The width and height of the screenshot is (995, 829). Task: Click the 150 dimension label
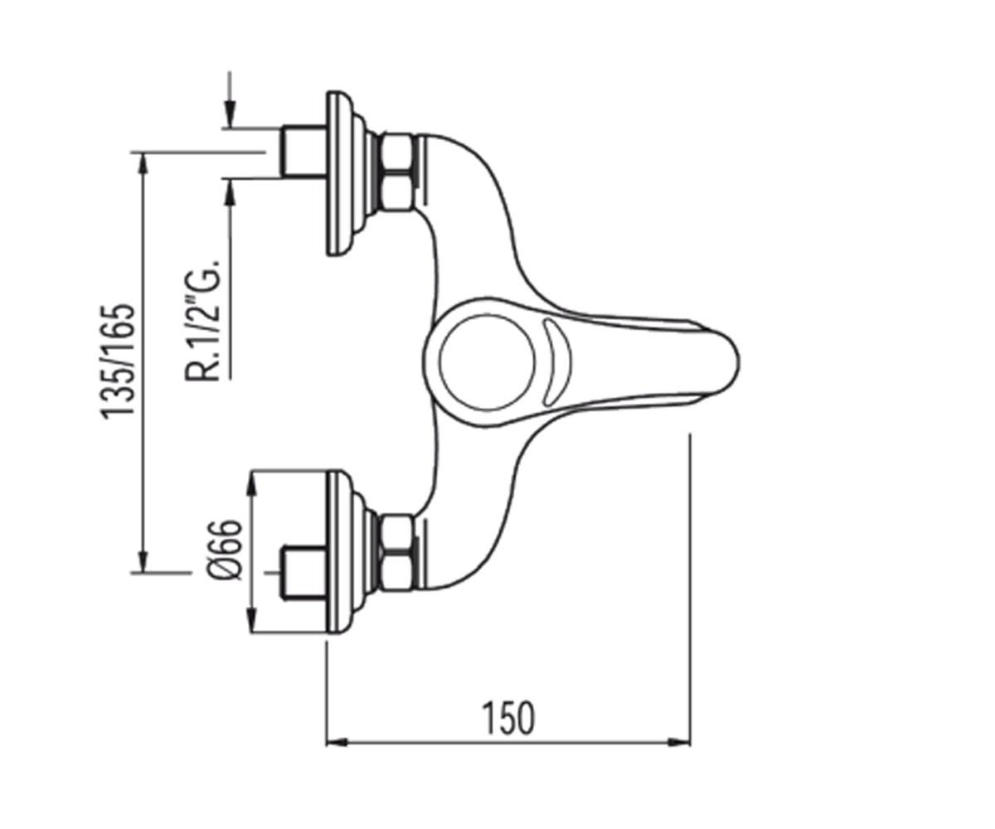(x=509, y=718)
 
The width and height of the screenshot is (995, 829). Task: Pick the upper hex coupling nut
(x=398, y=172)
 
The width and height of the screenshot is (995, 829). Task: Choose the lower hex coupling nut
(x=398, y=552)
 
